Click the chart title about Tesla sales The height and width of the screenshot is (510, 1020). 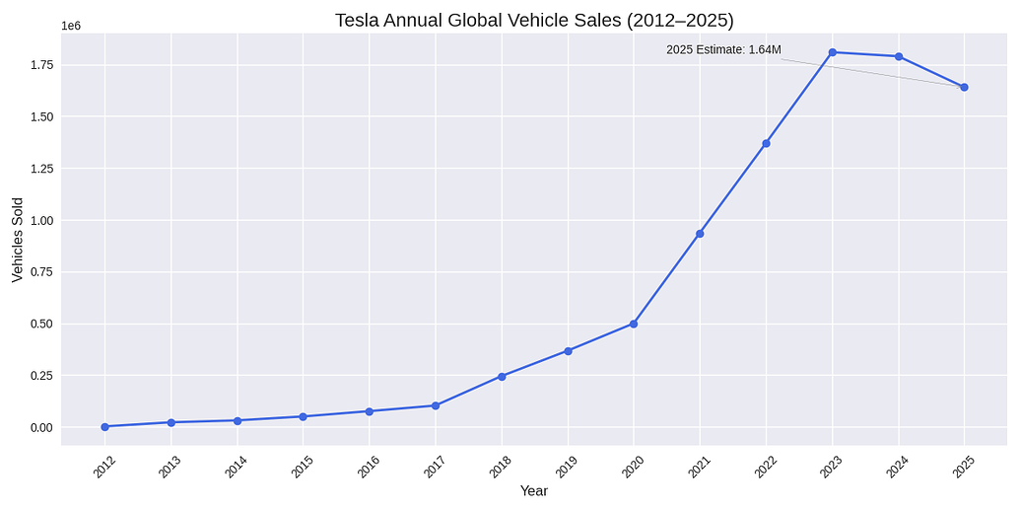click(534, 21)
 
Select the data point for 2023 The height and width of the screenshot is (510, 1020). click(833, 52)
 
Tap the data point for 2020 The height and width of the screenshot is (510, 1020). click(634, 324)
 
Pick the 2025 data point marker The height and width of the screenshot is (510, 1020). click(964, 87)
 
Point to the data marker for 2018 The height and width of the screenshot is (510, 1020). click(502, 376)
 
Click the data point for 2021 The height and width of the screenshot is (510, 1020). click(700, 234)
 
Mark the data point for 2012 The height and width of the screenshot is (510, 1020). click(104, 426)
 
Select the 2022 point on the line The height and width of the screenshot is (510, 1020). click(766, 143)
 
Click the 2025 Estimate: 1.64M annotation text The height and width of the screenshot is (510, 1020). click(723, 50)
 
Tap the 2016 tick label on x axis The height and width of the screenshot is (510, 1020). click(369, 466)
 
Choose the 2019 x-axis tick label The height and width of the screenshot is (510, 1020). click(567, 466)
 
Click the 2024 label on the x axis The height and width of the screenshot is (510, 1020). click(897, 466)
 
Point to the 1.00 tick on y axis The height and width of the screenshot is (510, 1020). click(41, 220)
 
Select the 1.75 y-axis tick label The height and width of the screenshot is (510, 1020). click(41, 65)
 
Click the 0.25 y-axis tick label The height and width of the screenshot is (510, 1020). click(41, 376)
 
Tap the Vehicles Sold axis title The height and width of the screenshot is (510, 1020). click(18, 240)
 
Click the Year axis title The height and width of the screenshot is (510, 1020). click(534, 491)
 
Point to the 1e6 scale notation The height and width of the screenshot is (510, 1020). click(71, 26)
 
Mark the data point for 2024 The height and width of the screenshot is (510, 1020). click(899, 56)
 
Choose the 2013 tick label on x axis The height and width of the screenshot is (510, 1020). click(170, 466)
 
